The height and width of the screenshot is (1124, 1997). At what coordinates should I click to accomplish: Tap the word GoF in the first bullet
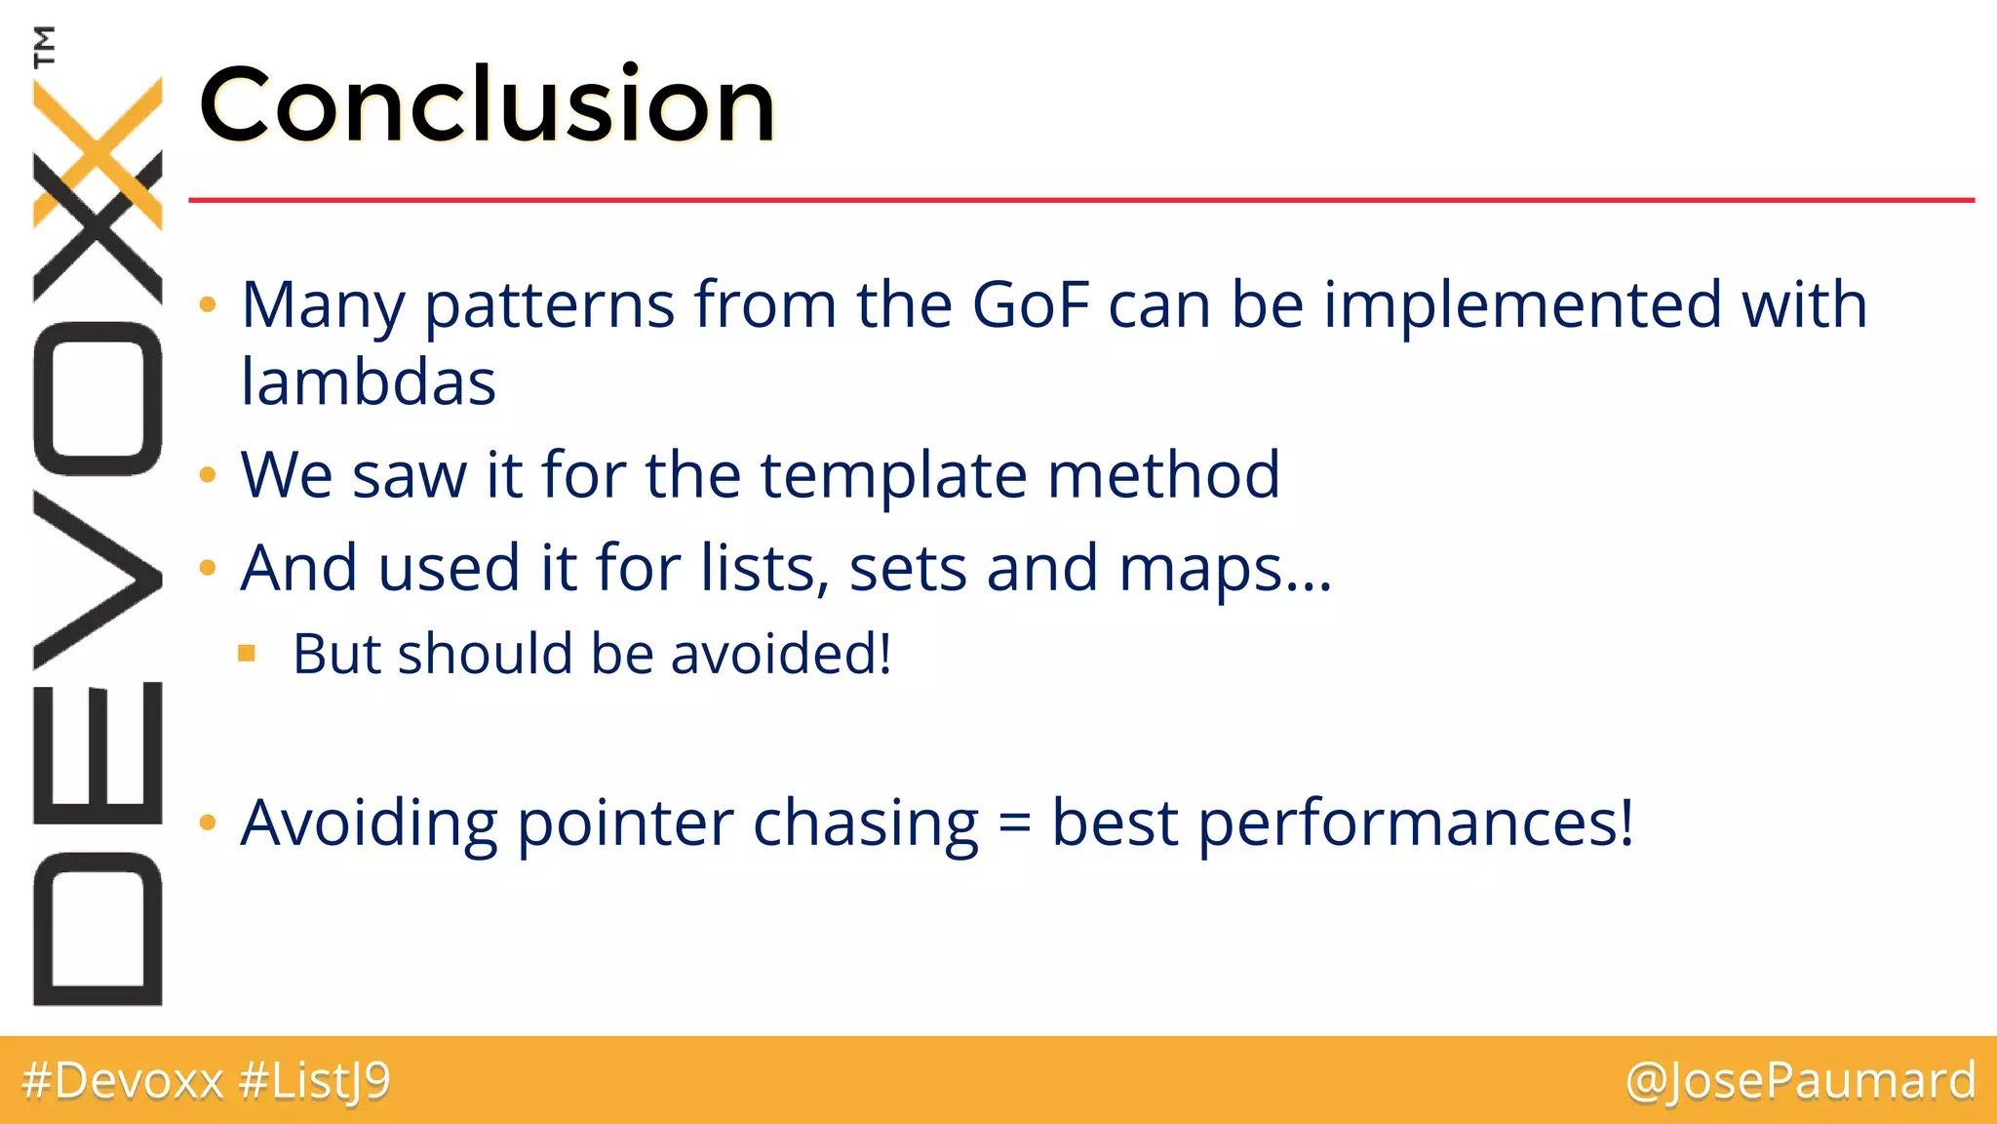coord(1030,304)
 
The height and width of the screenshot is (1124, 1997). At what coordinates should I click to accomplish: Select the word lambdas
coord(368,381)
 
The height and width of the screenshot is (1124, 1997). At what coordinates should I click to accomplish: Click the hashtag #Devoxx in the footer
coord(123,1081)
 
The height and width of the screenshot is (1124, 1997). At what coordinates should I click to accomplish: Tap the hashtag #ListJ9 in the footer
coord(314,1081)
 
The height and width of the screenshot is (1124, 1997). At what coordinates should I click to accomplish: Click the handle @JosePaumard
coord(1800,1081)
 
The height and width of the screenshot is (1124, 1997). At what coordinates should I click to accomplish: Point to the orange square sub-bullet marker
coord(247,653)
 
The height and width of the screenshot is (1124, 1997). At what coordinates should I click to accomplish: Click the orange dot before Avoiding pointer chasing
coord(207,823)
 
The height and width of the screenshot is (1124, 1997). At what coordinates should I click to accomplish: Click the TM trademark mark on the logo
coord(44,46)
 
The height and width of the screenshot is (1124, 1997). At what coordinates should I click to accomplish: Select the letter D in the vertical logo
coord(98,928)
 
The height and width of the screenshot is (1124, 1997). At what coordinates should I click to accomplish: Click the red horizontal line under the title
coord(1073,200)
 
